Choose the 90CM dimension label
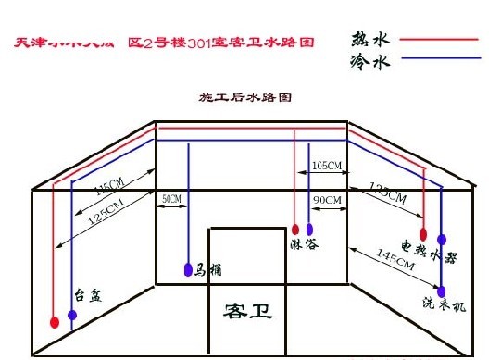point(328,200)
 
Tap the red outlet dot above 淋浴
point(295,229)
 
